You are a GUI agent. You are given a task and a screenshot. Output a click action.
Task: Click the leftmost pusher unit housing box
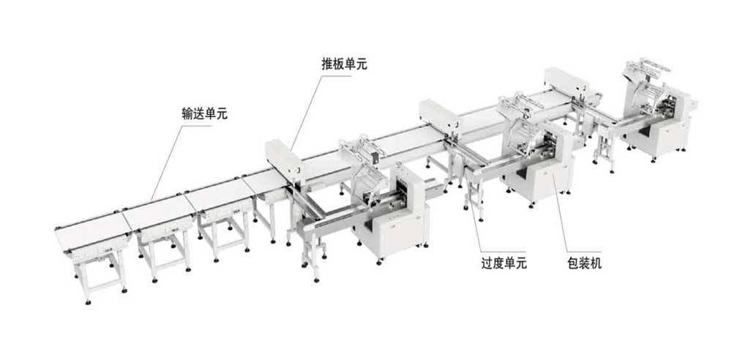click(283, 157)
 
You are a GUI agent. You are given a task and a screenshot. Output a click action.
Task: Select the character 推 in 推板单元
click(327, 64)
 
